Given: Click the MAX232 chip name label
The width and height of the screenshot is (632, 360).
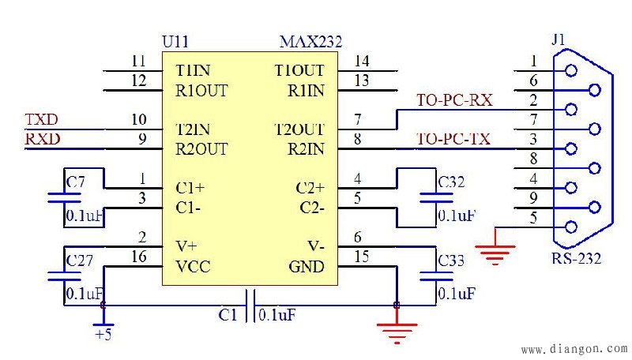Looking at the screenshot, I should pos(310,42).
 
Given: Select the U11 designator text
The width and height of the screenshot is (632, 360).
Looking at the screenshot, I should pos(175,42).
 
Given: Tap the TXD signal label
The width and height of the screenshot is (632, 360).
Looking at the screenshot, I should pos(42,121).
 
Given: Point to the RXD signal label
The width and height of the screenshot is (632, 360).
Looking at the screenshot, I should pos(43,140).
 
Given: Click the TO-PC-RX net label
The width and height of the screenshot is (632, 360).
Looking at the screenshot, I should pos(454,101).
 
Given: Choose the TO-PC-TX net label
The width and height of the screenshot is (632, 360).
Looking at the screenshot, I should pos(453,140).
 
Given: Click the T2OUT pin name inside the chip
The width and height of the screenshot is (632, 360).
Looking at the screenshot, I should pos(299,129).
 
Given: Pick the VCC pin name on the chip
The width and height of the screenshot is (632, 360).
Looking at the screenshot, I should pos(193,267).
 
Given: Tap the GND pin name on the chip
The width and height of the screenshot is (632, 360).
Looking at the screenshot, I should pos(307,267).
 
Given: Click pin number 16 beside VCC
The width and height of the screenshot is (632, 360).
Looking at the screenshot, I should pos(139,257).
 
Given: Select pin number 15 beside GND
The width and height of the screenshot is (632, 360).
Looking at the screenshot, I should pos(362,257).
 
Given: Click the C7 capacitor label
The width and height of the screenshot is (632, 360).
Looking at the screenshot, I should pos(76,183).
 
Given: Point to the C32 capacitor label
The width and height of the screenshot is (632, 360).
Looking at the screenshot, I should pos(451,183).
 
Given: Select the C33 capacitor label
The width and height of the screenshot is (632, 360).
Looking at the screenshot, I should pos(452,260).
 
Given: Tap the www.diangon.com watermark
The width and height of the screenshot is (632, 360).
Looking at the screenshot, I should pos(574,348).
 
